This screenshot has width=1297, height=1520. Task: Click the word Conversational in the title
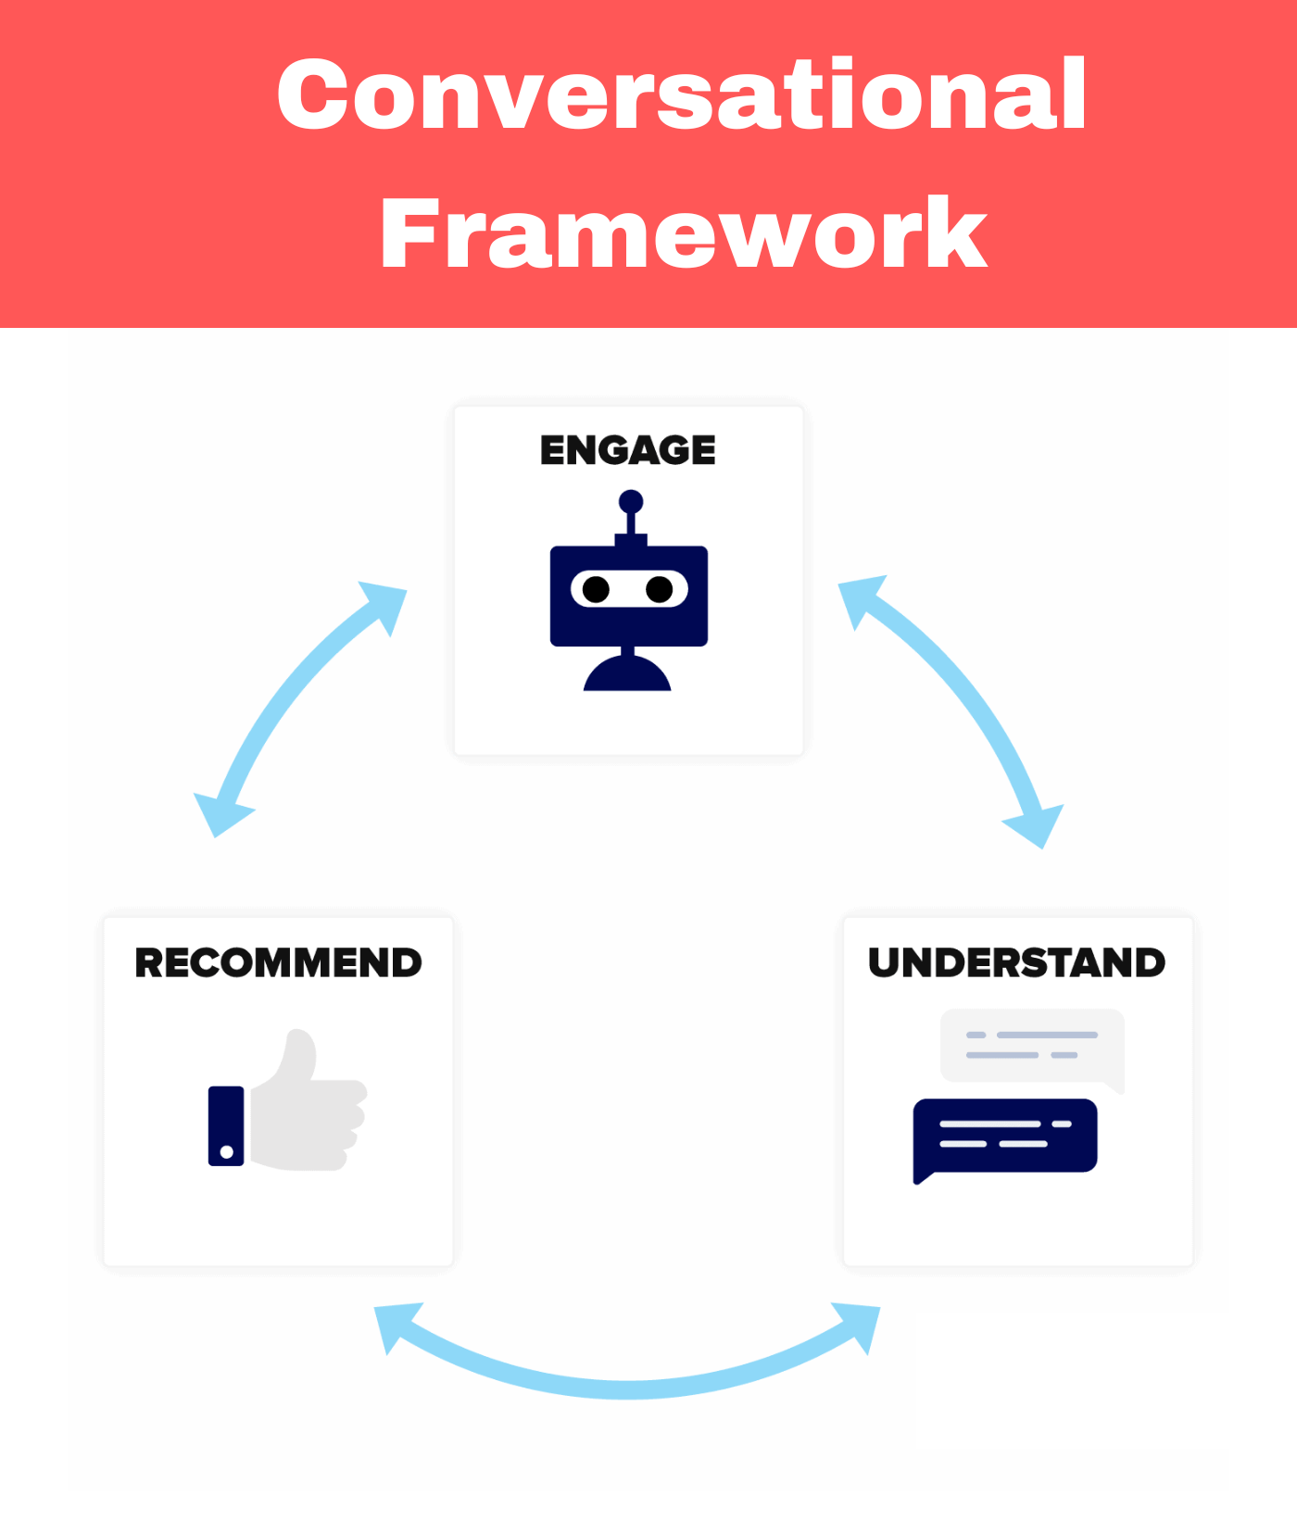coord(682,94)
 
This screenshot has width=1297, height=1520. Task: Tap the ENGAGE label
coord(628,450)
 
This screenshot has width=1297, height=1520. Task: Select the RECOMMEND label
coord(278,962)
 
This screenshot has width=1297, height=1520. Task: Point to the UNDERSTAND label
coord(1017,962)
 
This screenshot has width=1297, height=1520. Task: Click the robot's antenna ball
coord(631,502)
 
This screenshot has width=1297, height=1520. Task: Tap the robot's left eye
coord(597,589)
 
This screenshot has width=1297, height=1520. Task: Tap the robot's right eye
coord(660,589)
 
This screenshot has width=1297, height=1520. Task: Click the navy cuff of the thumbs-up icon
coord(226,1125)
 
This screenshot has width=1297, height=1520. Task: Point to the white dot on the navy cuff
coord(227,1152)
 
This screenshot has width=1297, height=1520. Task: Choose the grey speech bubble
coord(1033,1047)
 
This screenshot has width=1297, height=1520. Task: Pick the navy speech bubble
coord(1005,1137)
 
